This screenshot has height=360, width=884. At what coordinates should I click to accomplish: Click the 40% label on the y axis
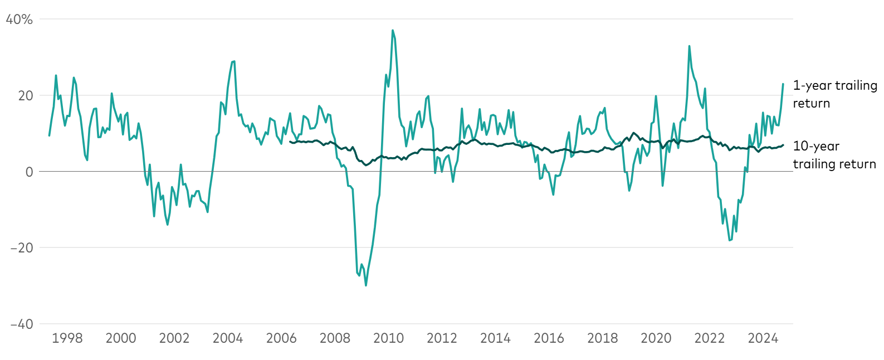coord(19,20)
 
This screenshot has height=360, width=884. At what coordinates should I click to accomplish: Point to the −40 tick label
coord(21,324)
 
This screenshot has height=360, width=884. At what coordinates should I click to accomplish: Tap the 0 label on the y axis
coord(29,172)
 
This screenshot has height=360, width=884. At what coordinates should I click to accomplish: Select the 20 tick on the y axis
coord(26,96)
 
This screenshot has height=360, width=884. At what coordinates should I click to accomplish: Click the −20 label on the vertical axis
coord(21,247)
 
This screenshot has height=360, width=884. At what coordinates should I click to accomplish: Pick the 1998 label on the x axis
coord(67,338)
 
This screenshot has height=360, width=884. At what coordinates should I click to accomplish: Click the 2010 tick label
coord(388,338)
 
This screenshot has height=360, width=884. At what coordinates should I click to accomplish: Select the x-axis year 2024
coord(763,338)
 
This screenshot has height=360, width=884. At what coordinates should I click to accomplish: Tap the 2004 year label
coord(228,338)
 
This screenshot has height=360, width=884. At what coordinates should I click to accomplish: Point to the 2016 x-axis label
coord(549,338)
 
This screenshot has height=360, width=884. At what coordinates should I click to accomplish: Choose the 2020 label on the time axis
coord(656,338)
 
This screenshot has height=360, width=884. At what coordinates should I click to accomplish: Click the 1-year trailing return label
coord(834,94)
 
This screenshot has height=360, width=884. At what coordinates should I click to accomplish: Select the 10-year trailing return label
coord(834,155)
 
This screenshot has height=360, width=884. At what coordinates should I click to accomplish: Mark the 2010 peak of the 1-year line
coord(393,30)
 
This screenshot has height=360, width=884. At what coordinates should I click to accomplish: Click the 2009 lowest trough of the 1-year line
coord(366,285)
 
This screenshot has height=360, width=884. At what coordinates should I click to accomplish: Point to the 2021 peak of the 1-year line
coord(689,46)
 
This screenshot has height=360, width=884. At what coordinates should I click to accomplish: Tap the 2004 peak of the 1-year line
coord(234,61)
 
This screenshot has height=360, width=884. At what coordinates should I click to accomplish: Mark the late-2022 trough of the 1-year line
coord(729,240)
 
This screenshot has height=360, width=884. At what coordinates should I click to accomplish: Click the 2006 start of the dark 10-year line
coord(290,142)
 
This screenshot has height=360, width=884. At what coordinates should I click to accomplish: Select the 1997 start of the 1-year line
coord(49,135)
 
